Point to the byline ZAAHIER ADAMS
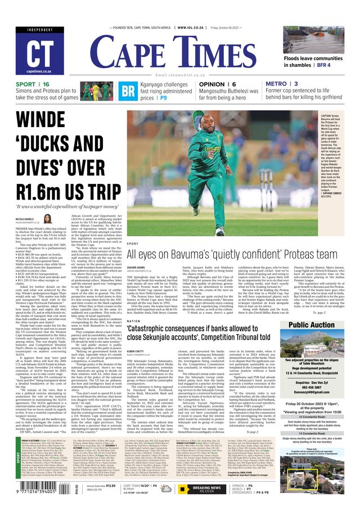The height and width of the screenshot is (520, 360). click(138, 268)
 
